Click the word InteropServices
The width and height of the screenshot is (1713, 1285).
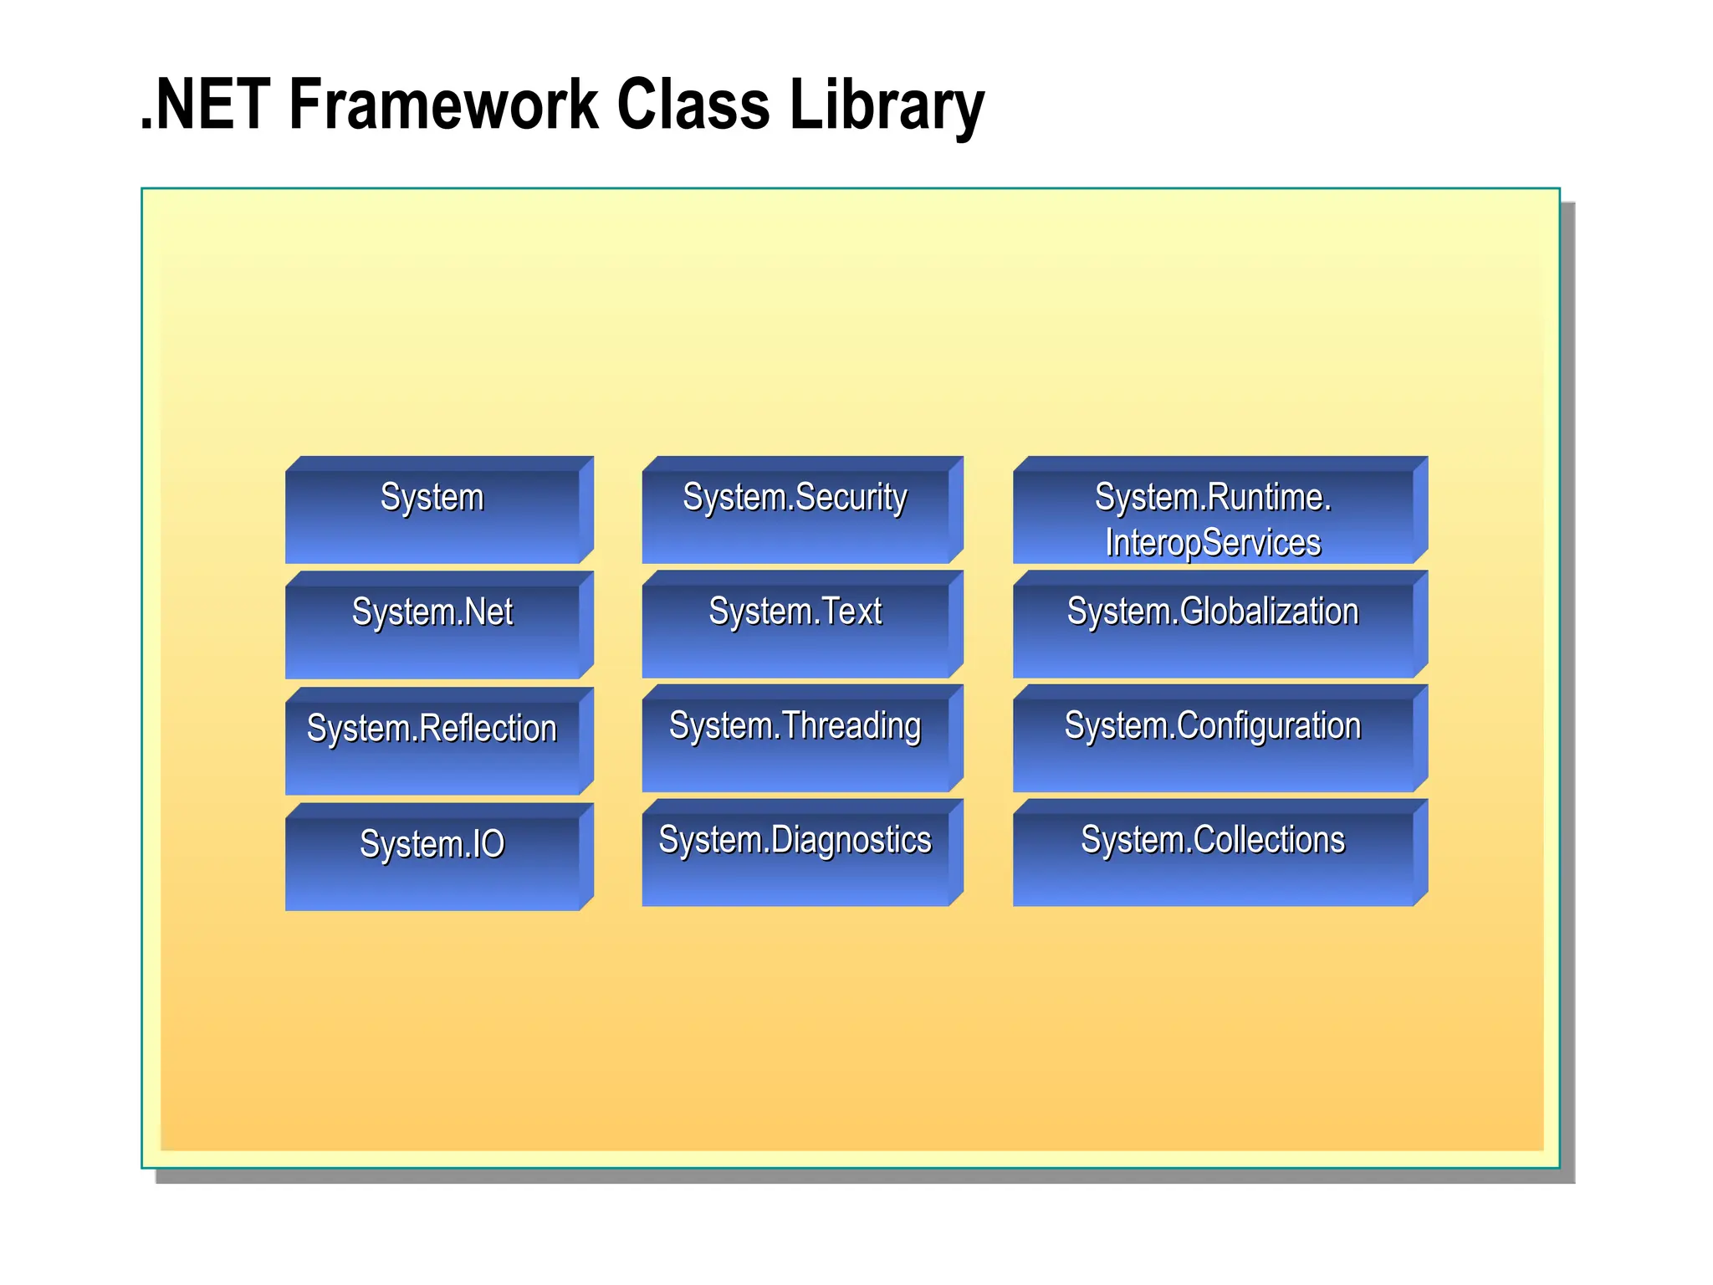coord(1213,543)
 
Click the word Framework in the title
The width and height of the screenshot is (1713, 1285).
coord(443,105)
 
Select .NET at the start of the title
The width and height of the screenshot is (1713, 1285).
coord(206,105)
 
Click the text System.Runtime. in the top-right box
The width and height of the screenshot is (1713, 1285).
coord(1213,498)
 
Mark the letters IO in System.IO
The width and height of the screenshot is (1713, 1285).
coord(488,844)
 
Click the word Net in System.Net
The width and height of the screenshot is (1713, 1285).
coord(488,612)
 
